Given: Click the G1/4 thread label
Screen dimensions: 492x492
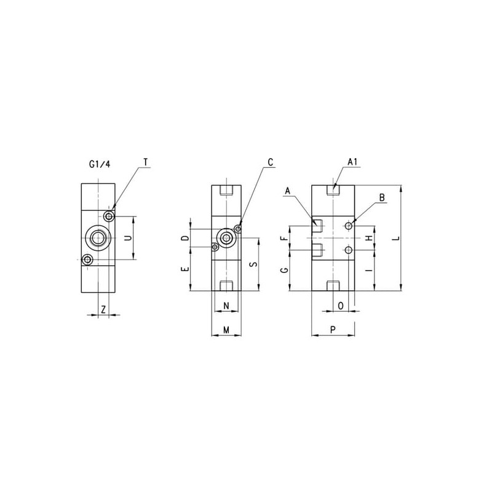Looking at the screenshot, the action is coord(100,164).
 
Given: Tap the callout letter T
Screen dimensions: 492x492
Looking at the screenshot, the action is coord(146,162).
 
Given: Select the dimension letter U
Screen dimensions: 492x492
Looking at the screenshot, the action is coord(128,238).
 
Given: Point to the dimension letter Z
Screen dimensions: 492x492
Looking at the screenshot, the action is coord(103,310).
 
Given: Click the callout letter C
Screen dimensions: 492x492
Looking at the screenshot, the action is coord(271,162).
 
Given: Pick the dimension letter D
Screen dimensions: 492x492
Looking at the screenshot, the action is coord(186,238).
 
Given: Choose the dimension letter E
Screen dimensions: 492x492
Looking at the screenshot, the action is coord(186,269).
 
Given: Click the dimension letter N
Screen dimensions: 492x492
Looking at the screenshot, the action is coord(226,306).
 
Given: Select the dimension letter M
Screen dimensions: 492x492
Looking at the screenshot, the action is coord(226,330).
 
